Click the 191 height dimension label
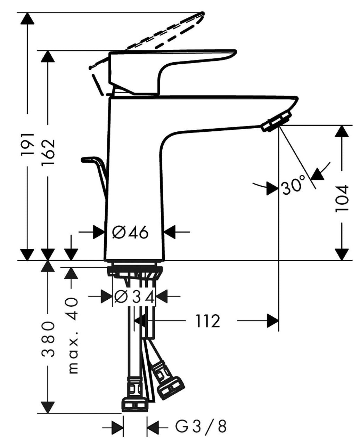27,144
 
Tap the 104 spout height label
342,198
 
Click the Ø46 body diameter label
131,232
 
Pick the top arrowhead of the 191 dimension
27,18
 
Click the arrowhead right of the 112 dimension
273,321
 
